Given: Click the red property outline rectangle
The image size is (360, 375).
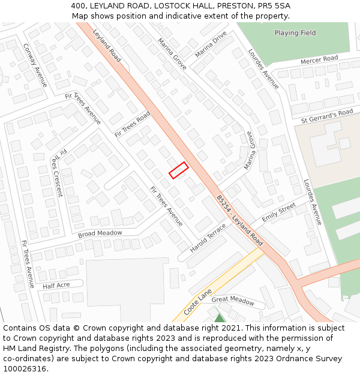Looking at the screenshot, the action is click(x=178, y=170).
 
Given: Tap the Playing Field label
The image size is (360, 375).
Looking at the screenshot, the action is click(x=295, y=33).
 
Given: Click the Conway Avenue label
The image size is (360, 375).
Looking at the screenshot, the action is click(x=35, y=65).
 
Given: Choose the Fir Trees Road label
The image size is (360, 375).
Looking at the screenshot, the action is click(x=132, y=124).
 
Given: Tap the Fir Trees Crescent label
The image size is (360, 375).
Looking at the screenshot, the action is click(x=57, y=173).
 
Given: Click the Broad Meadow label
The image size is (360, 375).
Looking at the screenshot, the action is click(x=100, y=233).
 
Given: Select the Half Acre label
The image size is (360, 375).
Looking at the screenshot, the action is click(x=56, y=286).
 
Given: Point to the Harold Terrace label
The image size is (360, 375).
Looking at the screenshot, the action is click(x=208, y=238).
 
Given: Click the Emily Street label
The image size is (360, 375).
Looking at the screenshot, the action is click(x=278, y=212).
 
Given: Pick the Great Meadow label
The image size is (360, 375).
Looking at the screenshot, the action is click(x=233, y=300).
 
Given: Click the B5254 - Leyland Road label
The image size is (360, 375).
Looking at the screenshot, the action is click(x=239, y=220).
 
